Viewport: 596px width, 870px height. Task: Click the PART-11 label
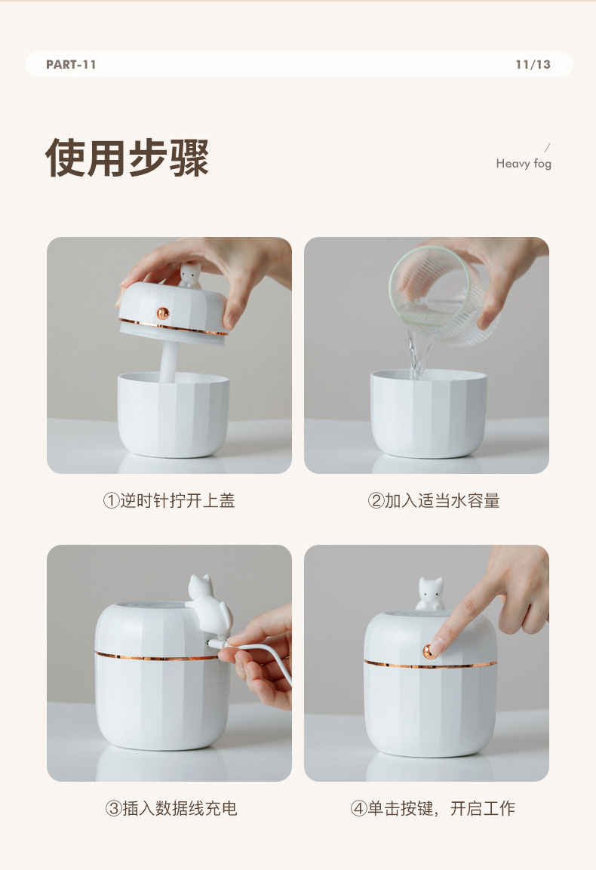click(x=71, y=64)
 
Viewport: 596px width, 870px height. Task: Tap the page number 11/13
click(x=533, y=64)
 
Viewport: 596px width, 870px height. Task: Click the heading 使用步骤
click(x=127, y=158)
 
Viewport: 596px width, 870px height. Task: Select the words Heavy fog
click(x=524, y=164)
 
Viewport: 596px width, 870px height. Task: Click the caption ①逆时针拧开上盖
click(x=169, y=500)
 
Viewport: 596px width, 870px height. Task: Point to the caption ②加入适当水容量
click(x=433, y=500)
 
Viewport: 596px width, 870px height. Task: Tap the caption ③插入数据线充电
click(x=171, y=808)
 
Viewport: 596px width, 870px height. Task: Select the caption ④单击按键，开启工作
click(x=433, y=808)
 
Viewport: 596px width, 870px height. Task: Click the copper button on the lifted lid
click(x=163, y=313)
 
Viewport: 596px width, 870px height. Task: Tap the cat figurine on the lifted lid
click(x=190, y=275)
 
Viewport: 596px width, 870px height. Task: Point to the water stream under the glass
click(x=417, y=352)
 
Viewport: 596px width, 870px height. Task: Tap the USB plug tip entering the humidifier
click(x=214, y=643)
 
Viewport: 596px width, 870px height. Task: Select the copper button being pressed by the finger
click(x=429, y=651)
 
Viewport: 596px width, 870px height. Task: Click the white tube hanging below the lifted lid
click(x=167, y=361)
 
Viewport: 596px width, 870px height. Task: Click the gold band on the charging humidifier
click(x=156, y=657)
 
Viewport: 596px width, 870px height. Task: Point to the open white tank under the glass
click(x=429, y=413)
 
